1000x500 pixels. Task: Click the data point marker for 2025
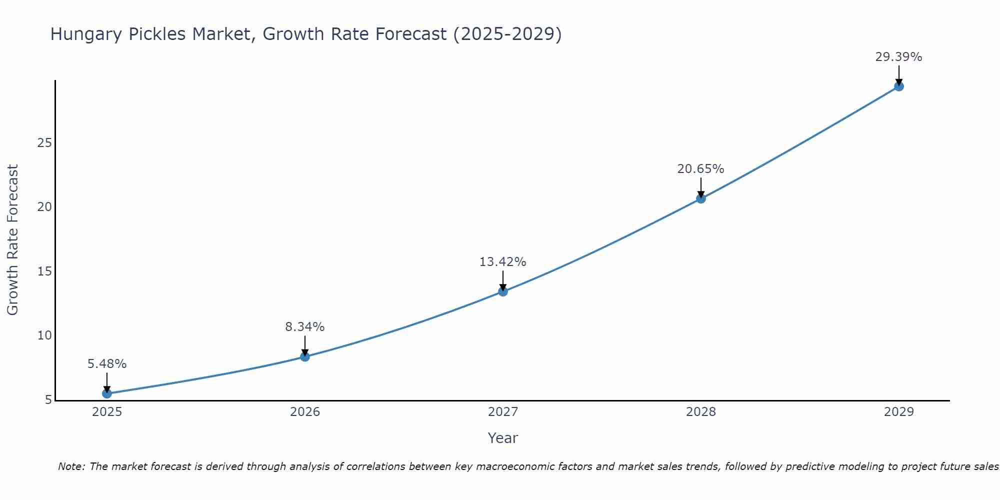point(107,393)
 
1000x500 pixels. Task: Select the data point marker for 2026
point(305,356)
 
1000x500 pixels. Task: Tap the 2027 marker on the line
point(503,291)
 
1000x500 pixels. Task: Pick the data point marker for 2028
point(701,198)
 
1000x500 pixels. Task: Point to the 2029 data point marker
point(898,86)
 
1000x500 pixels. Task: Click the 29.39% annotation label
point(898,57)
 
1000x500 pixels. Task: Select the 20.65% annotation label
point(700,169)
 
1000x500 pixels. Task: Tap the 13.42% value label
point(502,262)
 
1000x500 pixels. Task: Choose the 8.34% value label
point(305,327)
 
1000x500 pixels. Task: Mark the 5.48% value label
point(107,364)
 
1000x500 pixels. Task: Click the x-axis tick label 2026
point(305,412)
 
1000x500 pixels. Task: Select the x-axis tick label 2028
point(701,412)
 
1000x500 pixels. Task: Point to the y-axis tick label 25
point(44,143)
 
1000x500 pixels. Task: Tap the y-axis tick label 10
point(44,335)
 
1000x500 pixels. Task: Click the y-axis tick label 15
point(44,271)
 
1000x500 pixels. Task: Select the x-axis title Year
point(502,438)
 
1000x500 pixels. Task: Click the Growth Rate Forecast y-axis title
point(12,240)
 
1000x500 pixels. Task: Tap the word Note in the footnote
point(71,467)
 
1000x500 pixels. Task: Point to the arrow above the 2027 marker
point(503,280)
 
